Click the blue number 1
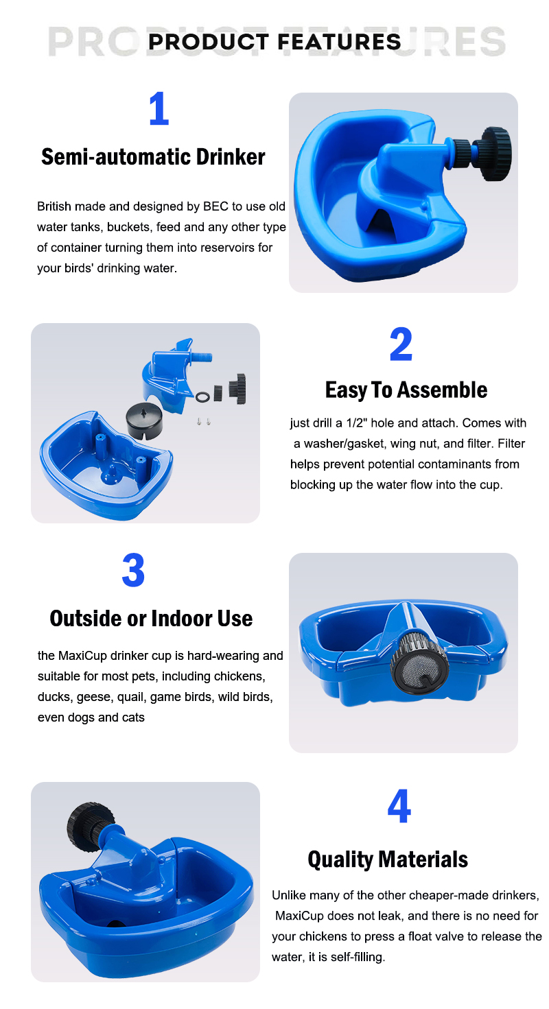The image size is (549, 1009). [x=159, y=108]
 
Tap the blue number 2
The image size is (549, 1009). [x=401, y=344]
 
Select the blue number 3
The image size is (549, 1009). [x=133, y=570]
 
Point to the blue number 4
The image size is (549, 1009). [x=399, y=806]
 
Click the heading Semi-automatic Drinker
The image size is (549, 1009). [x=153, y=157]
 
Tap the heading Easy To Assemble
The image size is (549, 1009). [x=406, y=390]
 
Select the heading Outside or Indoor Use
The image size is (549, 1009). [x=151, y=619]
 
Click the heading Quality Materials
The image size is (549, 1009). [x=388, y=859]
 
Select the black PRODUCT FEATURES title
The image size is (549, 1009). [x=274, y=42]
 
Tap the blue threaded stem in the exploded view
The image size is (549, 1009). [x=202, y=357]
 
